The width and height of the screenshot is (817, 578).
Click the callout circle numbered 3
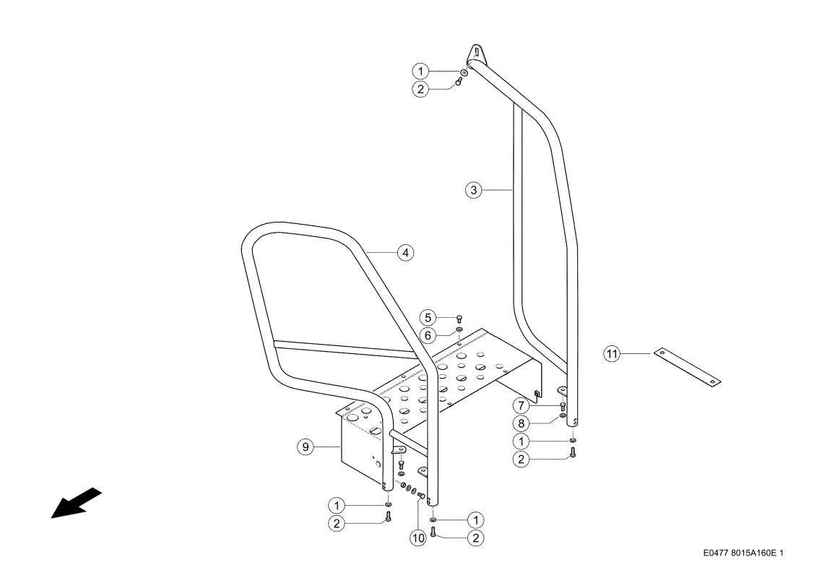[473, 190]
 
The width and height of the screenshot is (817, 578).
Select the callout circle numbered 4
[405, 253]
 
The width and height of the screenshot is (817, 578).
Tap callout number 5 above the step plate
[428, 317]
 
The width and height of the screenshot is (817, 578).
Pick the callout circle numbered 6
[428, 335]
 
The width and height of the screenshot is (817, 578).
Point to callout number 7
[521, 405]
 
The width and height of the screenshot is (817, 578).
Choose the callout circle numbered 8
[521, 423]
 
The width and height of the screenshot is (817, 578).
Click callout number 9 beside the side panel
[306, 447]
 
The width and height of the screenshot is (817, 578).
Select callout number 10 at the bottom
[418, 538]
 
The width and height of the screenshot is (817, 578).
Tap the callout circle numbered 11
[612, 354]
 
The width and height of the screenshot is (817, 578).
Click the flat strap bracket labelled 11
[687, 367]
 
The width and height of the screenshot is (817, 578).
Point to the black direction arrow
[76, 503]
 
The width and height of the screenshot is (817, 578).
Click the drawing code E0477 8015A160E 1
[743, 553]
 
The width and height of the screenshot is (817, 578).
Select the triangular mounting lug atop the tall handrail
[476, 53]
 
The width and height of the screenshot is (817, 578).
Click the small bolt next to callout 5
[459, 319]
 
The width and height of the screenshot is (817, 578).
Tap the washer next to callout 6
[459, 330]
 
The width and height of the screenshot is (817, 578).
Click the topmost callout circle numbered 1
[420, 71]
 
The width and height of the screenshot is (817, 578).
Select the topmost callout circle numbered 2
[420, 89]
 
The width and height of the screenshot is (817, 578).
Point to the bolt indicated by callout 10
[422, 495]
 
